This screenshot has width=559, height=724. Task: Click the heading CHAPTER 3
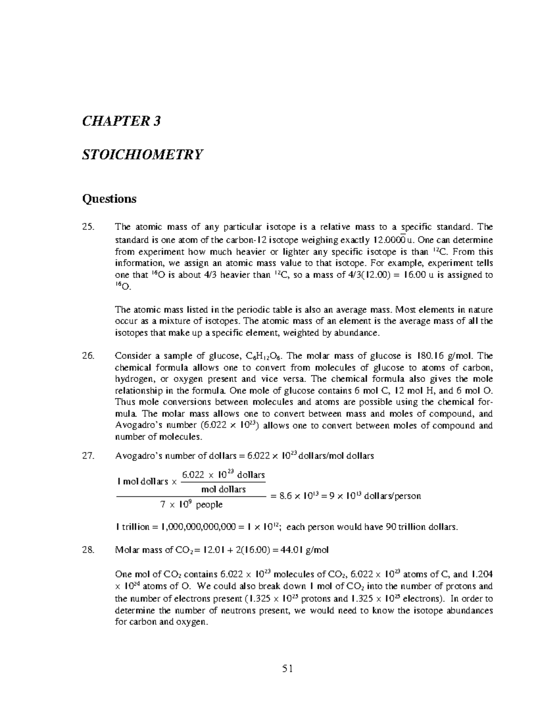(121, 122)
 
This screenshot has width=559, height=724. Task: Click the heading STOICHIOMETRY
(143, 154)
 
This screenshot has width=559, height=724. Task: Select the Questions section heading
(109, 199)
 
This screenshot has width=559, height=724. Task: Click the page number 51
(287, 669)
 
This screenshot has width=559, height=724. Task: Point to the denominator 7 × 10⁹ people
(191, 504)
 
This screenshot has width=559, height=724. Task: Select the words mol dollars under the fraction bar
(223, 489)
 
